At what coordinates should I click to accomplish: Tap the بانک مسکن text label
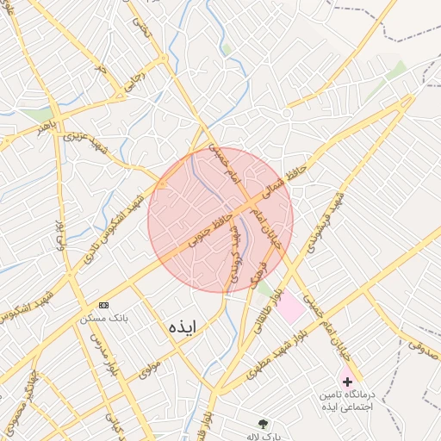click(x=104, y=318)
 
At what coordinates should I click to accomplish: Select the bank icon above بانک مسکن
click(x=104, y=305)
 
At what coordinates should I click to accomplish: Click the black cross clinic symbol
click(x=347, y=380)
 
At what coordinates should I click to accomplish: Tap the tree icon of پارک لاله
click(x=263, y=423)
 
